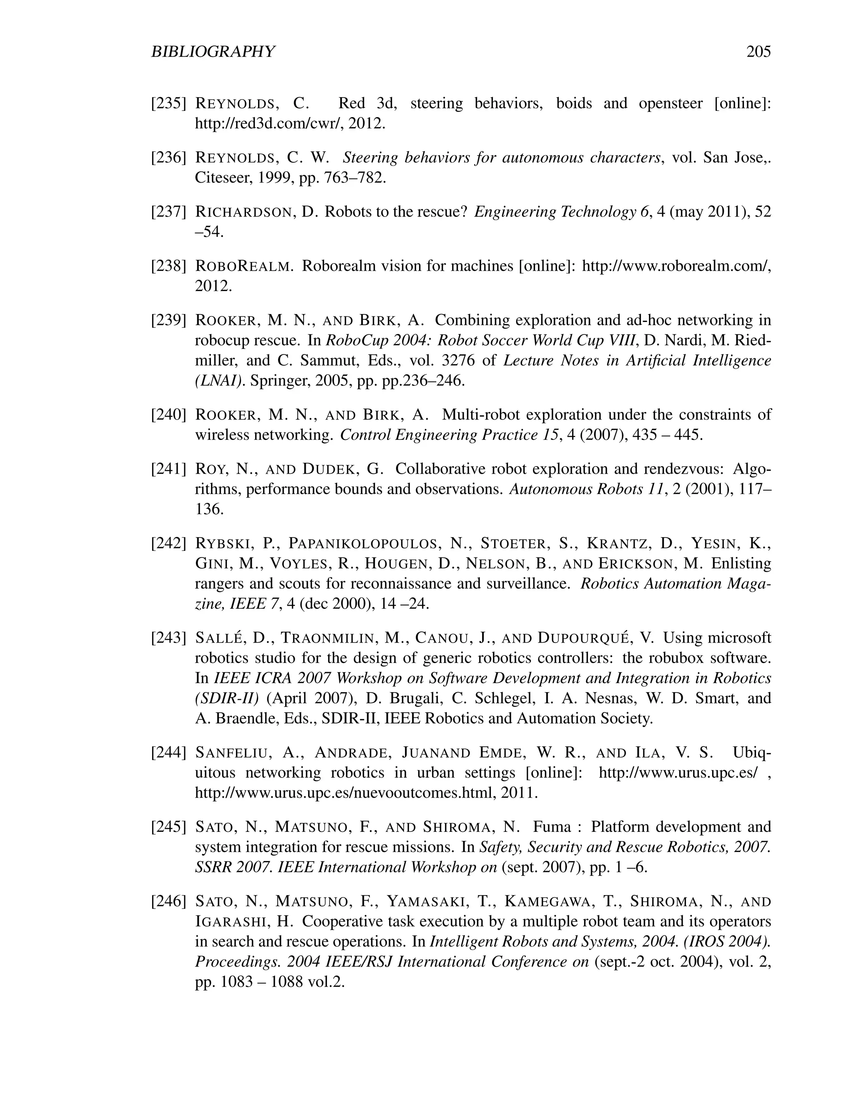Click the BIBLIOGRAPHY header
[213, 52]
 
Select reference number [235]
[169, 104]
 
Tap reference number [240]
[169, 415]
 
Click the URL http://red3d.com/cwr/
[269, 123]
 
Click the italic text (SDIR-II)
[227, 698]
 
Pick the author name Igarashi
[232, 922]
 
